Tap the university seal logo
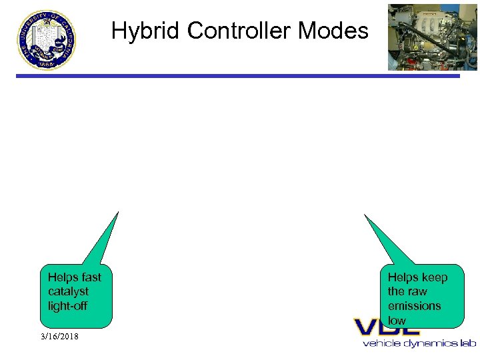point(47,39)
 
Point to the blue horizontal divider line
point(238,76)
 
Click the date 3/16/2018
point(59,337)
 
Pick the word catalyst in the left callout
point(68,291)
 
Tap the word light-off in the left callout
point(68,306)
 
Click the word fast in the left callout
point(91,277)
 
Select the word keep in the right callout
point(435,277)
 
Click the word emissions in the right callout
point(414,306)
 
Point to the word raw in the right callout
point(417,291)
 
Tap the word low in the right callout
point(397,321)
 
